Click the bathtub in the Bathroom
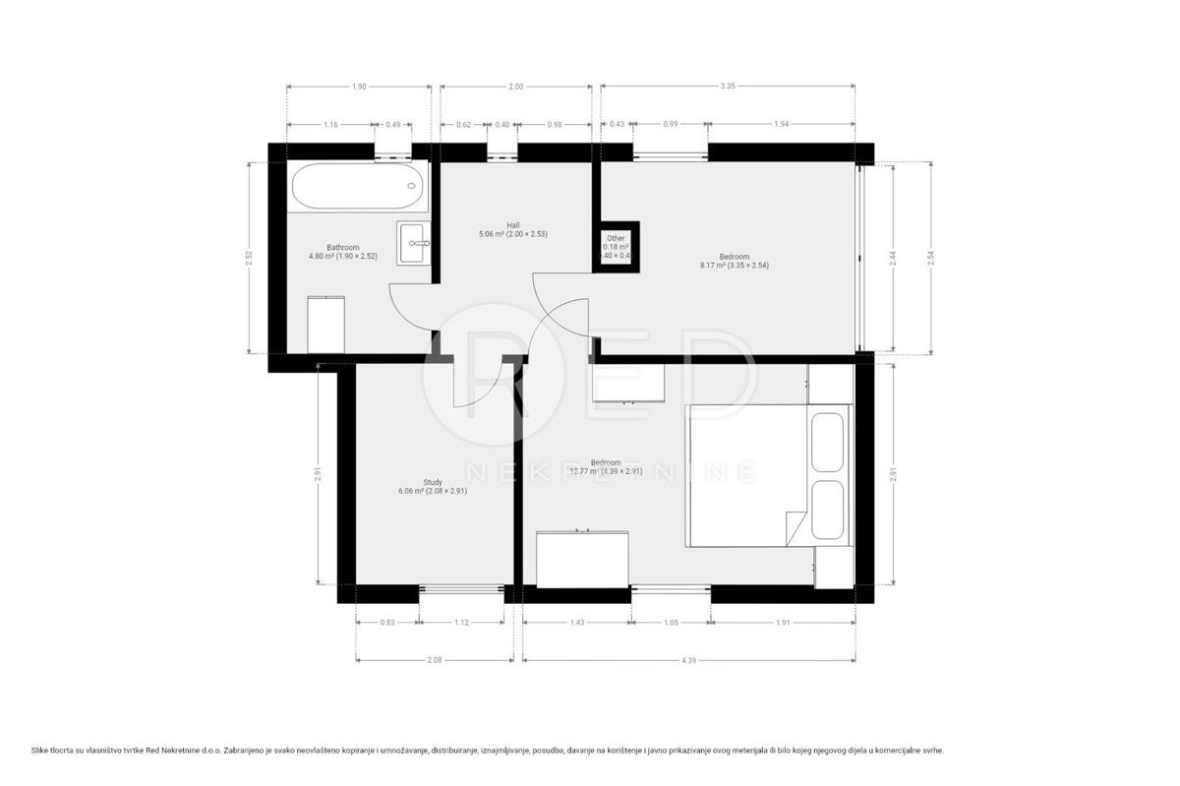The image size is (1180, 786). (358, 186)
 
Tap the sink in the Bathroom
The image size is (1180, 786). (414, 242)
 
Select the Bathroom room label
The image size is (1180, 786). (342, 253)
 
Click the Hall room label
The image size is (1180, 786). (512, 229)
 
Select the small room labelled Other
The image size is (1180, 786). (616, 246)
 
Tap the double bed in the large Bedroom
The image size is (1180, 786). (768, 475)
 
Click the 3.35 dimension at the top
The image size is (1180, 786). (728, 87)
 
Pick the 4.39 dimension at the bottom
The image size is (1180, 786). (688, 659)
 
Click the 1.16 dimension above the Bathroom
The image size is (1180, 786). (330, 124)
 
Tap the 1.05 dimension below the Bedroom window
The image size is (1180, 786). (671, 623)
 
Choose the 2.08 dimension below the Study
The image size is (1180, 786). (434, 659)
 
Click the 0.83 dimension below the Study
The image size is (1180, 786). (386, 623)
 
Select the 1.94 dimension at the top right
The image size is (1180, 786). (781, 124)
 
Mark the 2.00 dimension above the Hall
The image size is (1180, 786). (515, 87)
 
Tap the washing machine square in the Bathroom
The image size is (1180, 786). (325, 324)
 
